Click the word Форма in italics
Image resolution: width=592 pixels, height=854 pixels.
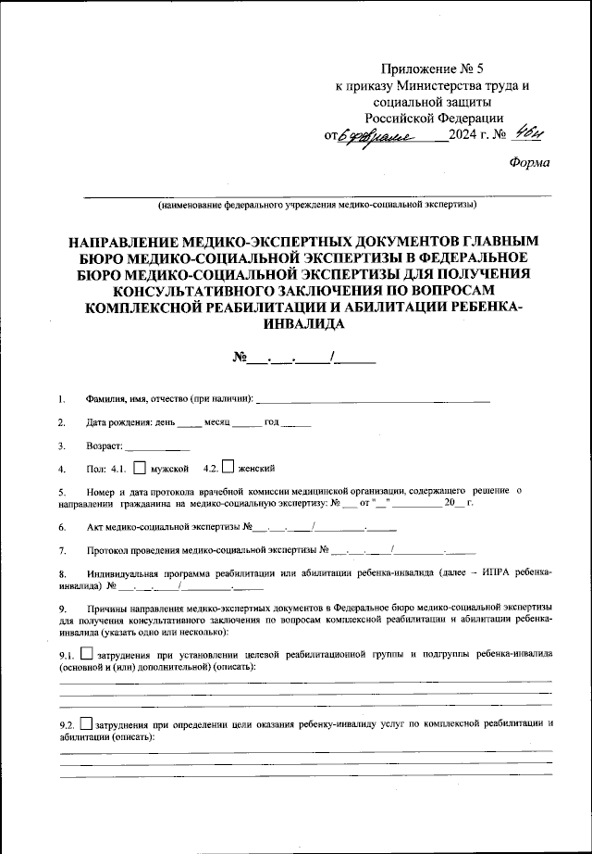[x=529, y=163]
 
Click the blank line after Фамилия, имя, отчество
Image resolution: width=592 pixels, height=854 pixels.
[x=372, y=399]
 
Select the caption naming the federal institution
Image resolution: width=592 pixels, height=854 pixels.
[x=317, y=203]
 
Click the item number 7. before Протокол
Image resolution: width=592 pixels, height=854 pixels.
[x=62, y=551]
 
